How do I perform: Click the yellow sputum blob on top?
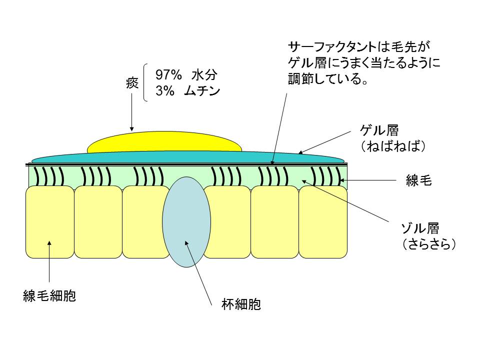[x=164, y=142]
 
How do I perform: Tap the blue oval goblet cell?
[x=185, y=222]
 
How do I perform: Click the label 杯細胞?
[x=241, y=304]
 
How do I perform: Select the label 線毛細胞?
[x=49, y=296]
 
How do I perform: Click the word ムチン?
[x=202, y=92]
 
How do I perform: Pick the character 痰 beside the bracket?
[x=132, y=83]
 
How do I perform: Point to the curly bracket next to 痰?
[x=145, y=83]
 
